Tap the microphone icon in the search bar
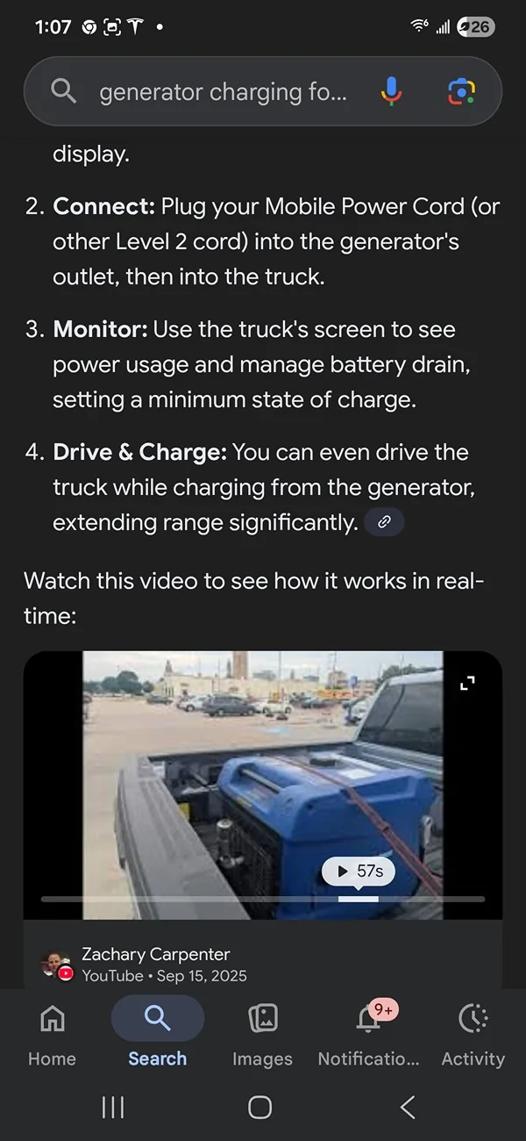pos(392,90)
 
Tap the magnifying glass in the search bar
pos(63,90)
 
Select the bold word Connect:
pos(103,206)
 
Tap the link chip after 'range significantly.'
pos(384,522)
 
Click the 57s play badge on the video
pos(359,872)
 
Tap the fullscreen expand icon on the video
pos(468,682)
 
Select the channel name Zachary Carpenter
pos(155,953)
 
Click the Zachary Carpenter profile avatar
pos(57,964)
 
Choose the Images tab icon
pos(262,1018)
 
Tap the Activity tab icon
pos(473,1018)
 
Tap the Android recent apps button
pos(113,1108)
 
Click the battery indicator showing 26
pos(475,27)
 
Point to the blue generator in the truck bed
pos(324,807)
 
